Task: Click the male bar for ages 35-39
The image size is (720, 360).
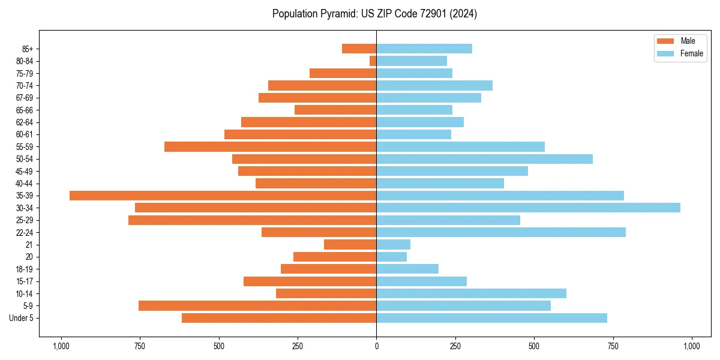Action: tap(223, 196)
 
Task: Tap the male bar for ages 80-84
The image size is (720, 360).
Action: tap(373, 61)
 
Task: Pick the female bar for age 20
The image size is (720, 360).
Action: tap(391, 257)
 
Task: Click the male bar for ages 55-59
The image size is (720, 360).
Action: tap(270, 146)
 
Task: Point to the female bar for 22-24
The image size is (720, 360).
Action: tap(500, 232)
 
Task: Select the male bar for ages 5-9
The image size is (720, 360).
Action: tap(257, 305)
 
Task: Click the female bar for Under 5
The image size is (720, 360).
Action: tap(491, 318)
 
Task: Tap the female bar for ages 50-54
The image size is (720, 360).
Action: tap(484, 159)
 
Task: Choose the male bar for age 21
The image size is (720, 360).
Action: tap(350, 244)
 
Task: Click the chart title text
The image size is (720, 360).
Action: tap(374, 14)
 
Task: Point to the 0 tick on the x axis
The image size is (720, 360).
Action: tap(376, 346)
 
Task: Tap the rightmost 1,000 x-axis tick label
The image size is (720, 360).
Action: tap(692, 346)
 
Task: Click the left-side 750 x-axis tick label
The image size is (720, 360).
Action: tap(139, 346)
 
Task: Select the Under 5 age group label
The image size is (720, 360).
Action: tap(22, 318)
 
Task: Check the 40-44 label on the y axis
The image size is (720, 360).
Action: tap(25, 183)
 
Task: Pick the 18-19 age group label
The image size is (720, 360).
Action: tap(25, 269)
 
